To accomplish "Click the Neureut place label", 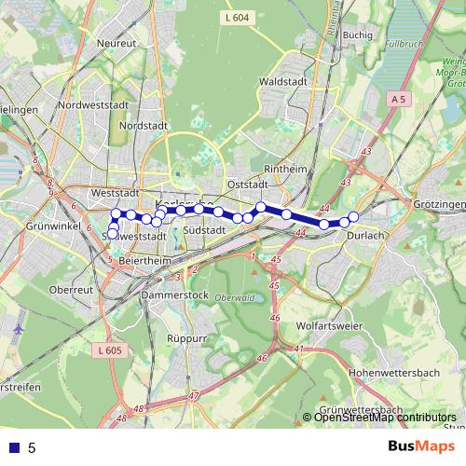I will [116, 43].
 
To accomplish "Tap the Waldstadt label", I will [285, 81].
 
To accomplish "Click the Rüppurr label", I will [185, 338].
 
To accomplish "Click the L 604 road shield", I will [238, 18].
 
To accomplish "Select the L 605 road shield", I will [109, 349].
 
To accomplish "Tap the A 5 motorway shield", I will [399, 98].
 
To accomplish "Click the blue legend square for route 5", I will [14, 447].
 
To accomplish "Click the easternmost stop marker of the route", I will [353, 217].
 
